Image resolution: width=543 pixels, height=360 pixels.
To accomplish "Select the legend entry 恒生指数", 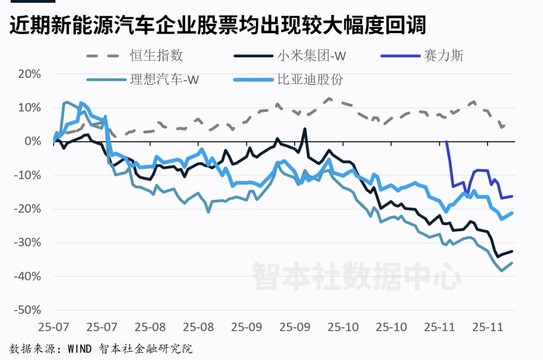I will pyautogui.click(x=156, y=55).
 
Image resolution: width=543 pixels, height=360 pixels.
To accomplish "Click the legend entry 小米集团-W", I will pyautogui.click(x=311, y=55).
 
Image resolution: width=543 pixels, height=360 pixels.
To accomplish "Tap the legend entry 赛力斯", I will pyautogui.click(x=443, y=55).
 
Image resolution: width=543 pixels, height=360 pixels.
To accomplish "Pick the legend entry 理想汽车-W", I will pyautogui.click(x=164, y=79).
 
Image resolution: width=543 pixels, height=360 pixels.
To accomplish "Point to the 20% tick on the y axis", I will pyautogui.click(x=29, y=74).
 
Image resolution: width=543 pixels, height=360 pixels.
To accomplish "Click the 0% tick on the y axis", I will pyautogui.click(x=32, y=141).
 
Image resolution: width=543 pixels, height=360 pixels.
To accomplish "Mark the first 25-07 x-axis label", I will pyautogui.click(x=53, y=326).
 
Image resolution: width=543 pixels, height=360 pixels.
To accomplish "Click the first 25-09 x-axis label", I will pyautogui.click(x=246, y=326).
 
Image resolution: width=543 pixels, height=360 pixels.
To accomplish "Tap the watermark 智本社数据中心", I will pyautogui.click(x=356, y=276).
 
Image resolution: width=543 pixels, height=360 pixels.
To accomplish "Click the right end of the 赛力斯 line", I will pyautogui.click(x=512, y=196).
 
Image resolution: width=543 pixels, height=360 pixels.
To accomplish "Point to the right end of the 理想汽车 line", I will pyautogui.click(x=512, y=262).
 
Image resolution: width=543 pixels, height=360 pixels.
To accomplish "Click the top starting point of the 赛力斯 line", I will pyautogui.click(x=446, y=142).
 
